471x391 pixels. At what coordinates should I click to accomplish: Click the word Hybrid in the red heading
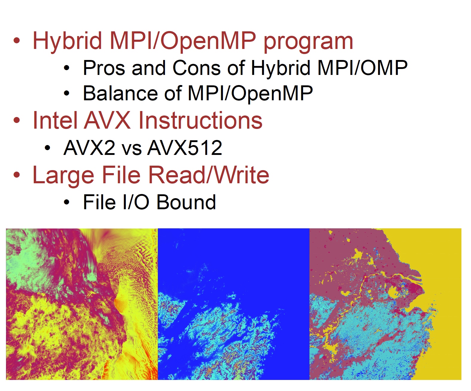[67, 41]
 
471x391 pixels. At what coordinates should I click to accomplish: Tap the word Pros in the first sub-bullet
[104, 68]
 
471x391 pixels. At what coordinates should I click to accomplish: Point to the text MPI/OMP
[363, 68]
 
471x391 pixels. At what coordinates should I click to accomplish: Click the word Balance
[120, 93]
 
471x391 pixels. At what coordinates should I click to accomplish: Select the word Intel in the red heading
[56, 120]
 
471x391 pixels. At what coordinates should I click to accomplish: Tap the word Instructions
[200, 120]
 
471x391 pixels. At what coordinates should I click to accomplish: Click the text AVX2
[89, 148]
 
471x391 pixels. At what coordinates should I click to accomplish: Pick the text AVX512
[185, 148]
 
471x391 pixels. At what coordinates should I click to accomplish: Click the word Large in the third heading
[63, 176]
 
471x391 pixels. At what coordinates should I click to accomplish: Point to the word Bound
[186, 202]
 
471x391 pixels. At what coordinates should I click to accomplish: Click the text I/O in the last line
[136, 202]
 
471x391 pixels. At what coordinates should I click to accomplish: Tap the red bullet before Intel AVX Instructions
[17, 120]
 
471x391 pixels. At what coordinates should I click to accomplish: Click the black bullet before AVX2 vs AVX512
[48, 148]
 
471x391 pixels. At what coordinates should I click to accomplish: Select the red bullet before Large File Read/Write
[17, 175]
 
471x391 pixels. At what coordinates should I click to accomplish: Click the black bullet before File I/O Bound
[67, 202]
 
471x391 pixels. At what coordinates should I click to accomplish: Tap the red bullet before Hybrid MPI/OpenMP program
[17, 41]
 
